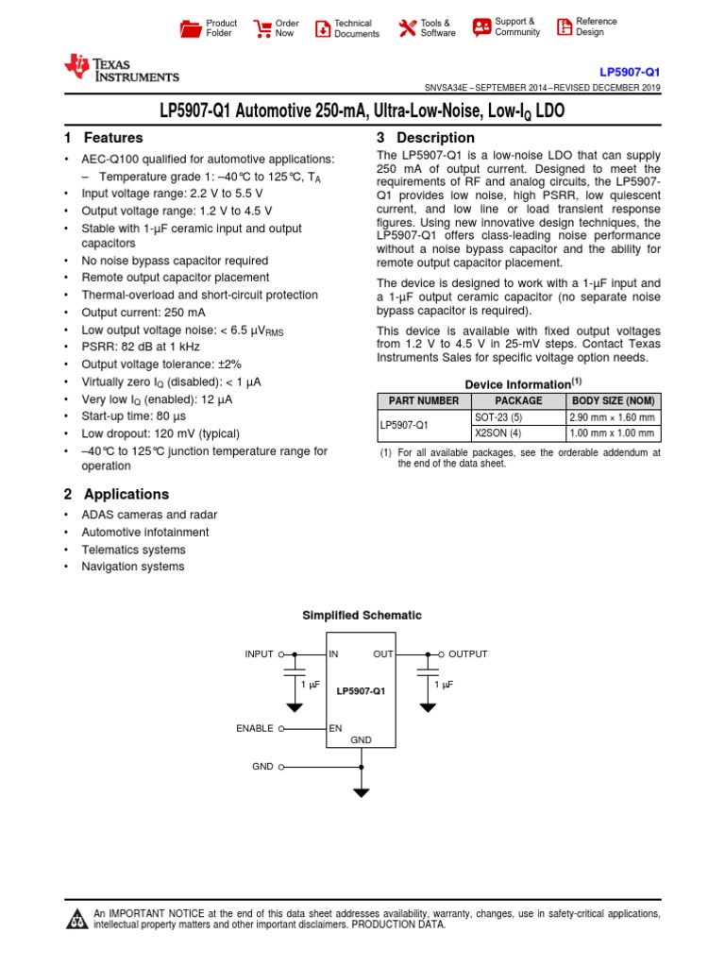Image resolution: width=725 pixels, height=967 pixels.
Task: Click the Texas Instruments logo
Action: click(x=120, y=68)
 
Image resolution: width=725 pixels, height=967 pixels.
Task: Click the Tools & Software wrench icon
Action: click(x=407, y=28)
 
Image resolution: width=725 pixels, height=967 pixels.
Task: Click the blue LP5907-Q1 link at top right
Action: click(x=630, y=72)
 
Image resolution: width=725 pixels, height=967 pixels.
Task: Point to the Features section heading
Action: click(x=103, y=138)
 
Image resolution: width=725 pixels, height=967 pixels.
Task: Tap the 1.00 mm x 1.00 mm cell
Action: click(x=613, y=433)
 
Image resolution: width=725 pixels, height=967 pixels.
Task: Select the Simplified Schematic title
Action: click(x=362, y=615)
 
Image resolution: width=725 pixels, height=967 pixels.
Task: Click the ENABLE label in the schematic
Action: click(x=255, y=728)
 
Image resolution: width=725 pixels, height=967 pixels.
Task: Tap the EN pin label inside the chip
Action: click(x=335, y=728)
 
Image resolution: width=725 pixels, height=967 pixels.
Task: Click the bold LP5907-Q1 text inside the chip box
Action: click(x=362, y=691)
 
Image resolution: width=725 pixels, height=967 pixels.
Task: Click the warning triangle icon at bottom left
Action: click(x=76, y=920)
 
